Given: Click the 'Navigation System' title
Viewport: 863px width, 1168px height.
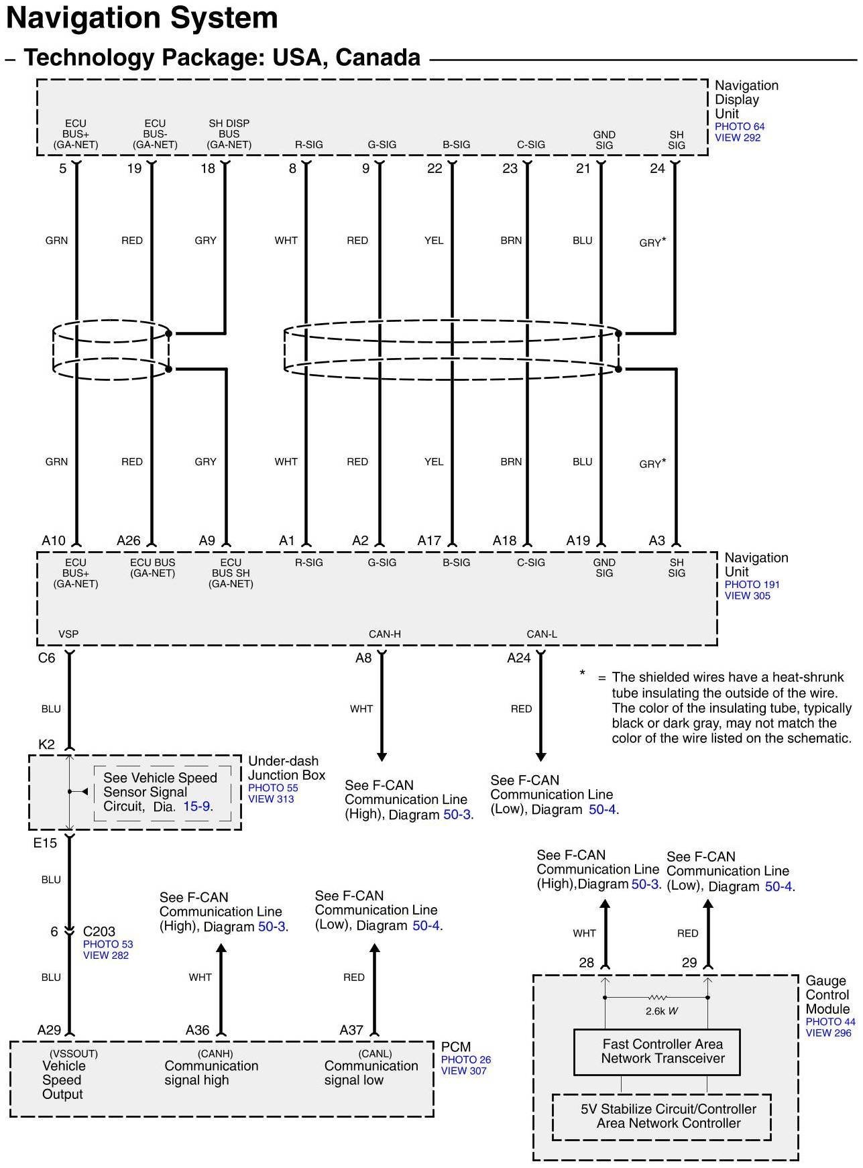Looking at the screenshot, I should point(142,19).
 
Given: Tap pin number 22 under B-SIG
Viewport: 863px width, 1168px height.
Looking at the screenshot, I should point(435,168).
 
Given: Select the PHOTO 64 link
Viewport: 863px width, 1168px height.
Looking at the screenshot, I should point(740,126).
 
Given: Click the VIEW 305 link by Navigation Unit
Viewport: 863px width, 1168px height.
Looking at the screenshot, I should point(747,595).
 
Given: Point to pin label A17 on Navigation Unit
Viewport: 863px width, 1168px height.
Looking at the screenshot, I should point(429,540).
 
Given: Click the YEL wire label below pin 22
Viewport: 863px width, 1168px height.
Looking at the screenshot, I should point(434,240).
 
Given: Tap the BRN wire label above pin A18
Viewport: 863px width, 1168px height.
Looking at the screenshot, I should point(511,461).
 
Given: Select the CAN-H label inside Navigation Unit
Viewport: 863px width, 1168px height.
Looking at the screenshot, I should point(384,634).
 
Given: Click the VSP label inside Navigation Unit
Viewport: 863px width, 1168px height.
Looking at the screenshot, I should point(68,634).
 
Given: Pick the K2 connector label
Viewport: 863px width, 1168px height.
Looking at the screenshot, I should point(46,744).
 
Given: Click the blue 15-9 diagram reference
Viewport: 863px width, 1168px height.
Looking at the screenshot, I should point(196,806).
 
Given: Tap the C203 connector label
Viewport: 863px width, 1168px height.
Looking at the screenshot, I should point(99,931).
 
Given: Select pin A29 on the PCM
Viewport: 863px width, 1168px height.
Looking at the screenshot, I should point(49,1030).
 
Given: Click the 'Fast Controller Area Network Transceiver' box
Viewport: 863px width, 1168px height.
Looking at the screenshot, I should point(663,1051).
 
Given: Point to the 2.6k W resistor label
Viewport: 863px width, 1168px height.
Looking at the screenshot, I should point(662,1010).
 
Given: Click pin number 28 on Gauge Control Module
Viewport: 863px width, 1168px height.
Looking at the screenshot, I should point(586,963).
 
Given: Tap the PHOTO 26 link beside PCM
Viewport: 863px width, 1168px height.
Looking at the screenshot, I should point(466,1059).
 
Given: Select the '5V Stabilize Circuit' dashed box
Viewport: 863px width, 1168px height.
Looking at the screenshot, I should point(661,1116).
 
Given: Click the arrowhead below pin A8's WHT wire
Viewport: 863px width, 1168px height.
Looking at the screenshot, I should point(382,756).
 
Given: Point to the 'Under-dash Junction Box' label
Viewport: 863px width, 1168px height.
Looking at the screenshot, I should point(286,768).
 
